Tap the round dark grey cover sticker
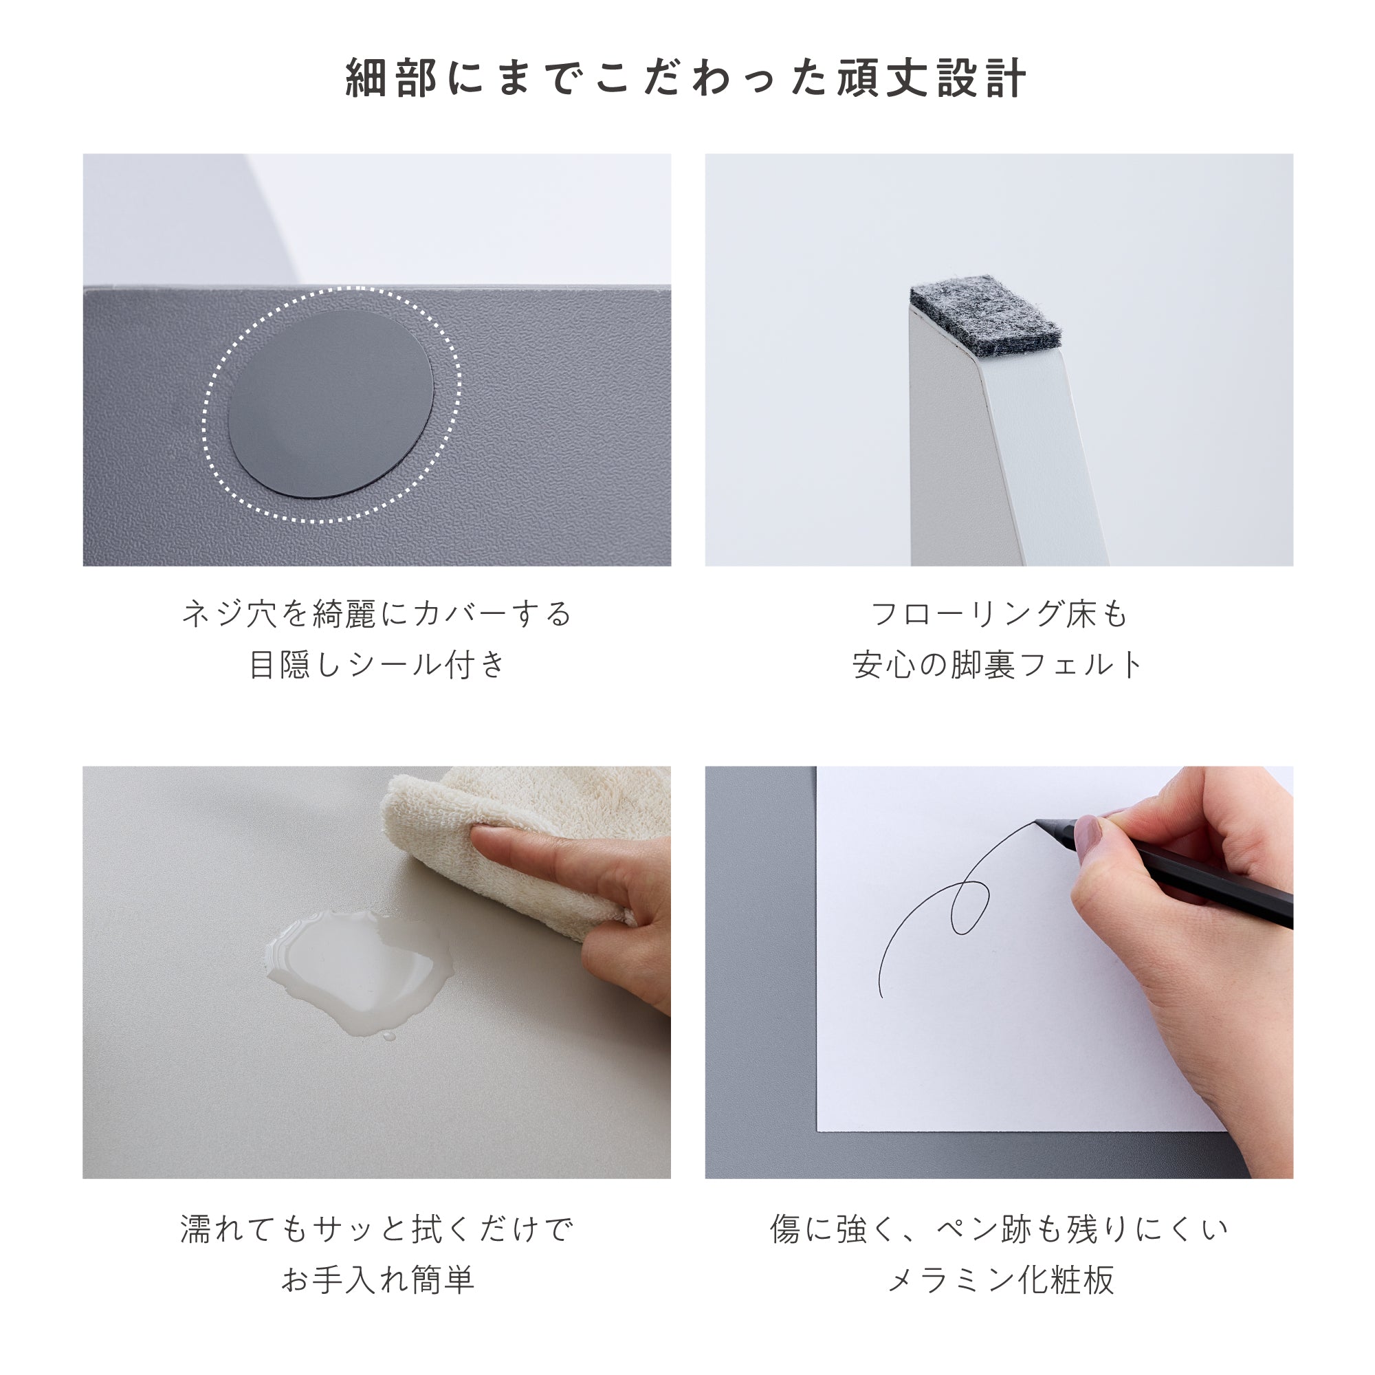coord(331,404)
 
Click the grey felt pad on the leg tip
coord(987,315)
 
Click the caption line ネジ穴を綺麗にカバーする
coord(377,613)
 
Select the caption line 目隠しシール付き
coord(377,665)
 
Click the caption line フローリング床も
coord(999,613)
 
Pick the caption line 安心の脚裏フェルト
coord(999,665)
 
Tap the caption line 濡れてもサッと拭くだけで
coord(377,1229)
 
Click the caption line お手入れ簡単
coord(377,1279)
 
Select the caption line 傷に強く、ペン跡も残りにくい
coord(999,1229)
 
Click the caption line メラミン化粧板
coord(999,1279)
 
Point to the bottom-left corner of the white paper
coord(817,1130)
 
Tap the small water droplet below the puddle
coord(388,1036)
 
